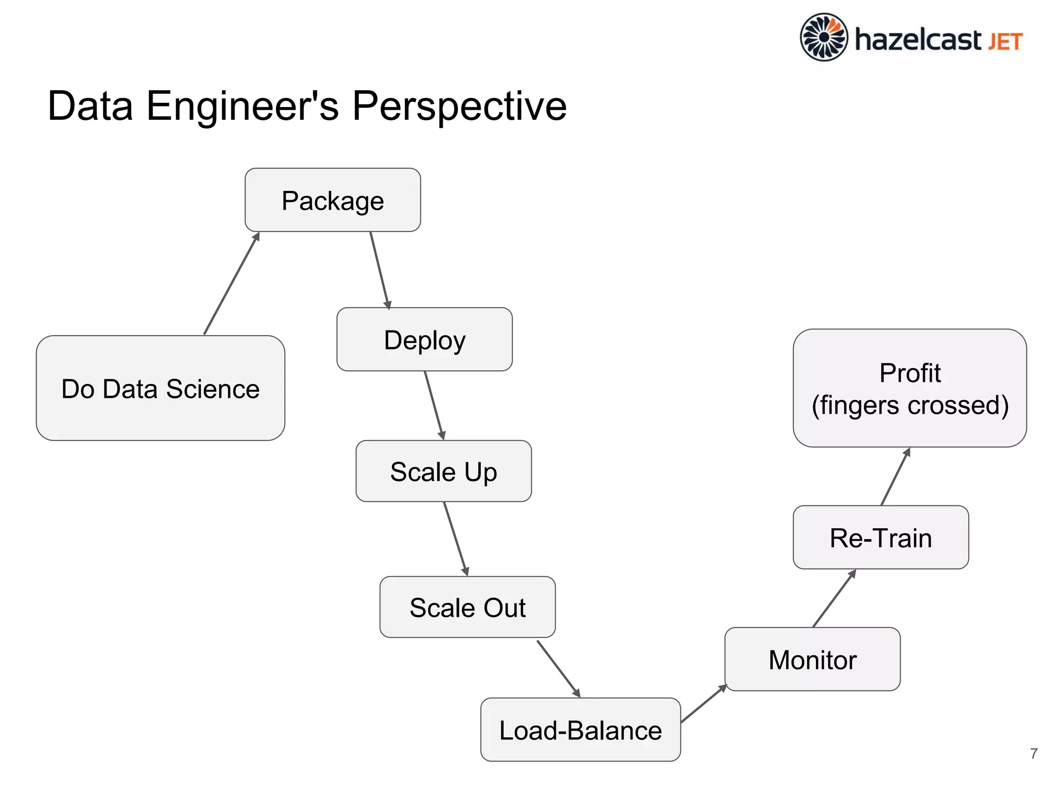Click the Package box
333,200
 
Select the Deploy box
425,339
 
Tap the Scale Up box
443,471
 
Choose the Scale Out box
467,607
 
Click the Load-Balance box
580,730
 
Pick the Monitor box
812,659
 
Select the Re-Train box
881,538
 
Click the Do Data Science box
160,388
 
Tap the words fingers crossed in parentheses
910,405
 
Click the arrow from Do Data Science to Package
231,284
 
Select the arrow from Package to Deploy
379,270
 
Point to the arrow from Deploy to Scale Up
434,405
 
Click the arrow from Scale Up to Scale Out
456,539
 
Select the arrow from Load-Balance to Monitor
704,704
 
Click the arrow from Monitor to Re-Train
834,598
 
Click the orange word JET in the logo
1005,42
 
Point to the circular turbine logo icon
824,37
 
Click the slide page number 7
1033,753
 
